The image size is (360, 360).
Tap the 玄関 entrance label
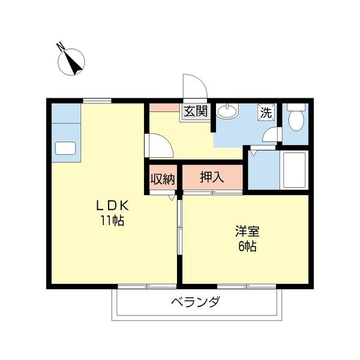pyautogui.click(x=195, y=111)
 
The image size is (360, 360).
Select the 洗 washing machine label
pyautogui.click(x=266, y=112)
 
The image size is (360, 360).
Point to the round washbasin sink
pyautogui.click(x=227, y=111)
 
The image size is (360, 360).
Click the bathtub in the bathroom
pyautogui.click(x=295, y=170)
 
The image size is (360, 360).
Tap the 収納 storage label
pyautogui.click(x=162, y=179)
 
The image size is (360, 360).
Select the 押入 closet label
pyautogui.click(x=212, y=177)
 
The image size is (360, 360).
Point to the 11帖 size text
pyautogui.click(x=113, y=220)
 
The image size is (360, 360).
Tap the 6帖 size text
pyautogui.click(x=247, y=246)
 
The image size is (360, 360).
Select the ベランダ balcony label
pyautogui.click(x=195, y=302)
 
